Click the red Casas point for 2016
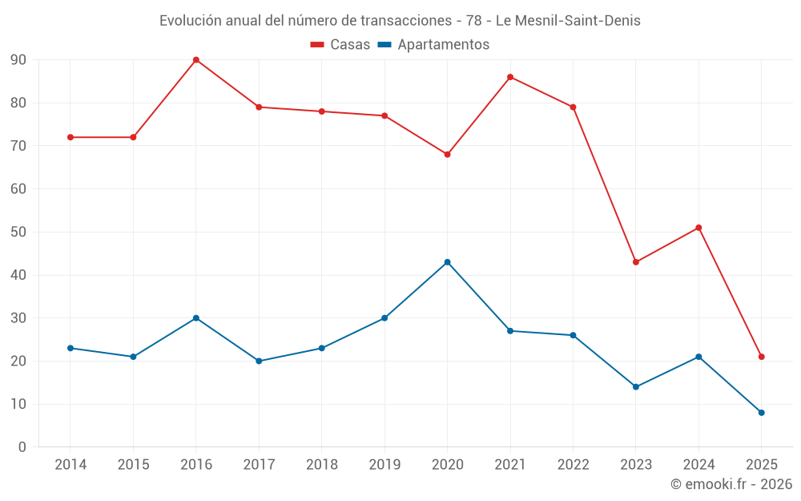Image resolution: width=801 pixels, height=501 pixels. point(196,60)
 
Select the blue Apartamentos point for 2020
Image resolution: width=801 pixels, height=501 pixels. point(447,262)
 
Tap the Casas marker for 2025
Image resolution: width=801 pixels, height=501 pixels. point(762,357)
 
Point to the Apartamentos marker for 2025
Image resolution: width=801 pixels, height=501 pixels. point(762,413)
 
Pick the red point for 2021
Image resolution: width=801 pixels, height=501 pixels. point(510,77)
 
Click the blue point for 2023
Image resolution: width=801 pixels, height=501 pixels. point(636,387)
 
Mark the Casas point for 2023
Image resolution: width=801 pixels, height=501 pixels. point(636,262)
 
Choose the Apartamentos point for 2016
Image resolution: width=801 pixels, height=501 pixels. point(196,318)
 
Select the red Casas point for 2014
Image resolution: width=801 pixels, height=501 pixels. point(70,137)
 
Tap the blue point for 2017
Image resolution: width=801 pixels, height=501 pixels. point(259,361)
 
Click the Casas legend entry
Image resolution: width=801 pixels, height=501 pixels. point(340,45)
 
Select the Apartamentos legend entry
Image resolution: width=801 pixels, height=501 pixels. point(433,45)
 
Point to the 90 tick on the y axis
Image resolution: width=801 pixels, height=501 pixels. point(18,60)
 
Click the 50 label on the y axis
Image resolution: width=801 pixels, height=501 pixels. point(18,232)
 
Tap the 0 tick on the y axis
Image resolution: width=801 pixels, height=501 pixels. point(22,447)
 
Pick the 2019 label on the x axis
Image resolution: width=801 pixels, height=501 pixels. point(384,465)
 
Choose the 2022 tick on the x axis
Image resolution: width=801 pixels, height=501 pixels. point(573,465)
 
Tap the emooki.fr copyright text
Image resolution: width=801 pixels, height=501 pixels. point(731,484)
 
